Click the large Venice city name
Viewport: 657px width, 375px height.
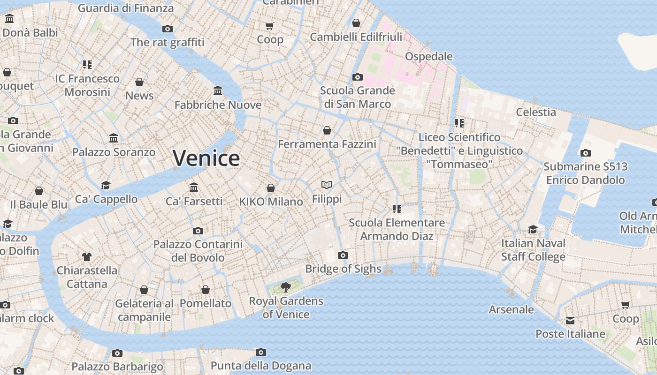tap(206, 158)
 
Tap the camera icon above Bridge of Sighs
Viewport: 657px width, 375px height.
tap(343, 255)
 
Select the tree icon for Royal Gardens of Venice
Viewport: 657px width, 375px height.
tap(285, 287)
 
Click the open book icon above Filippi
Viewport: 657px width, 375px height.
tap(327, 185)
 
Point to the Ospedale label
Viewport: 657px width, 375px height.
tap(429, 57)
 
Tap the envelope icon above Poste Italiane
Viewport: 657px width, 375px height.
tap(570, 321)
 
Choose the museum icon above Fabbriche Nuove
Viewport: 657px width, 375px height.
tap(218, 90)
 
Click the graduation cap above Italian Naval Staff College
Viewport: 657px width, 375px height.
tap(533, 229)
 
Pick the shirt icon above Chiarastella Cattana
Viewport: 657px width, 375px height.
tap(87, 256)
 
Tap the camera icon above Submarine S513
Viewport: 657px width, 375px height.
tap(585, 153)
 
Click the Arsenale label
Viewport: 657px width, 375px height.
tap(511, 309)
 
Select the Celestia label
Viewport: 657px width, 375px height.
tap(536, 112)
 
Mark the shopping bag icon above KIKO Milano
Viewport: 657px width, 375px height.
tap(271, 188)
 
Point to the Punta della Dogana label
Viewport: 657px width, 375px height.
tap(261, 366)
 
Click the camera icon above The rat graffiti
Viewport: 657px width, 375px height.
tap(168, 29)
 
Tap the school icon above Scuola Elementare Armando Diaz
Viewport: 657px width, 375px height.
tap(397, 209)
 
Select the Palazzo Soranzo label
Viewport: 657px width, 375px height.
tap(114, 152)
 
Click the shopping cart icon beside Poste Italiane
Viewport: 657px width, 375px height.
tap(626, 305)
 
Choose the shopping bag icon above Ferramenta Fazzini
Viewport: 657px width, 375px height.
tap(327, 130)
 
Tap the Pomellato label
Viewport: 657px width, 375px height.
tap(206, 303)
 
